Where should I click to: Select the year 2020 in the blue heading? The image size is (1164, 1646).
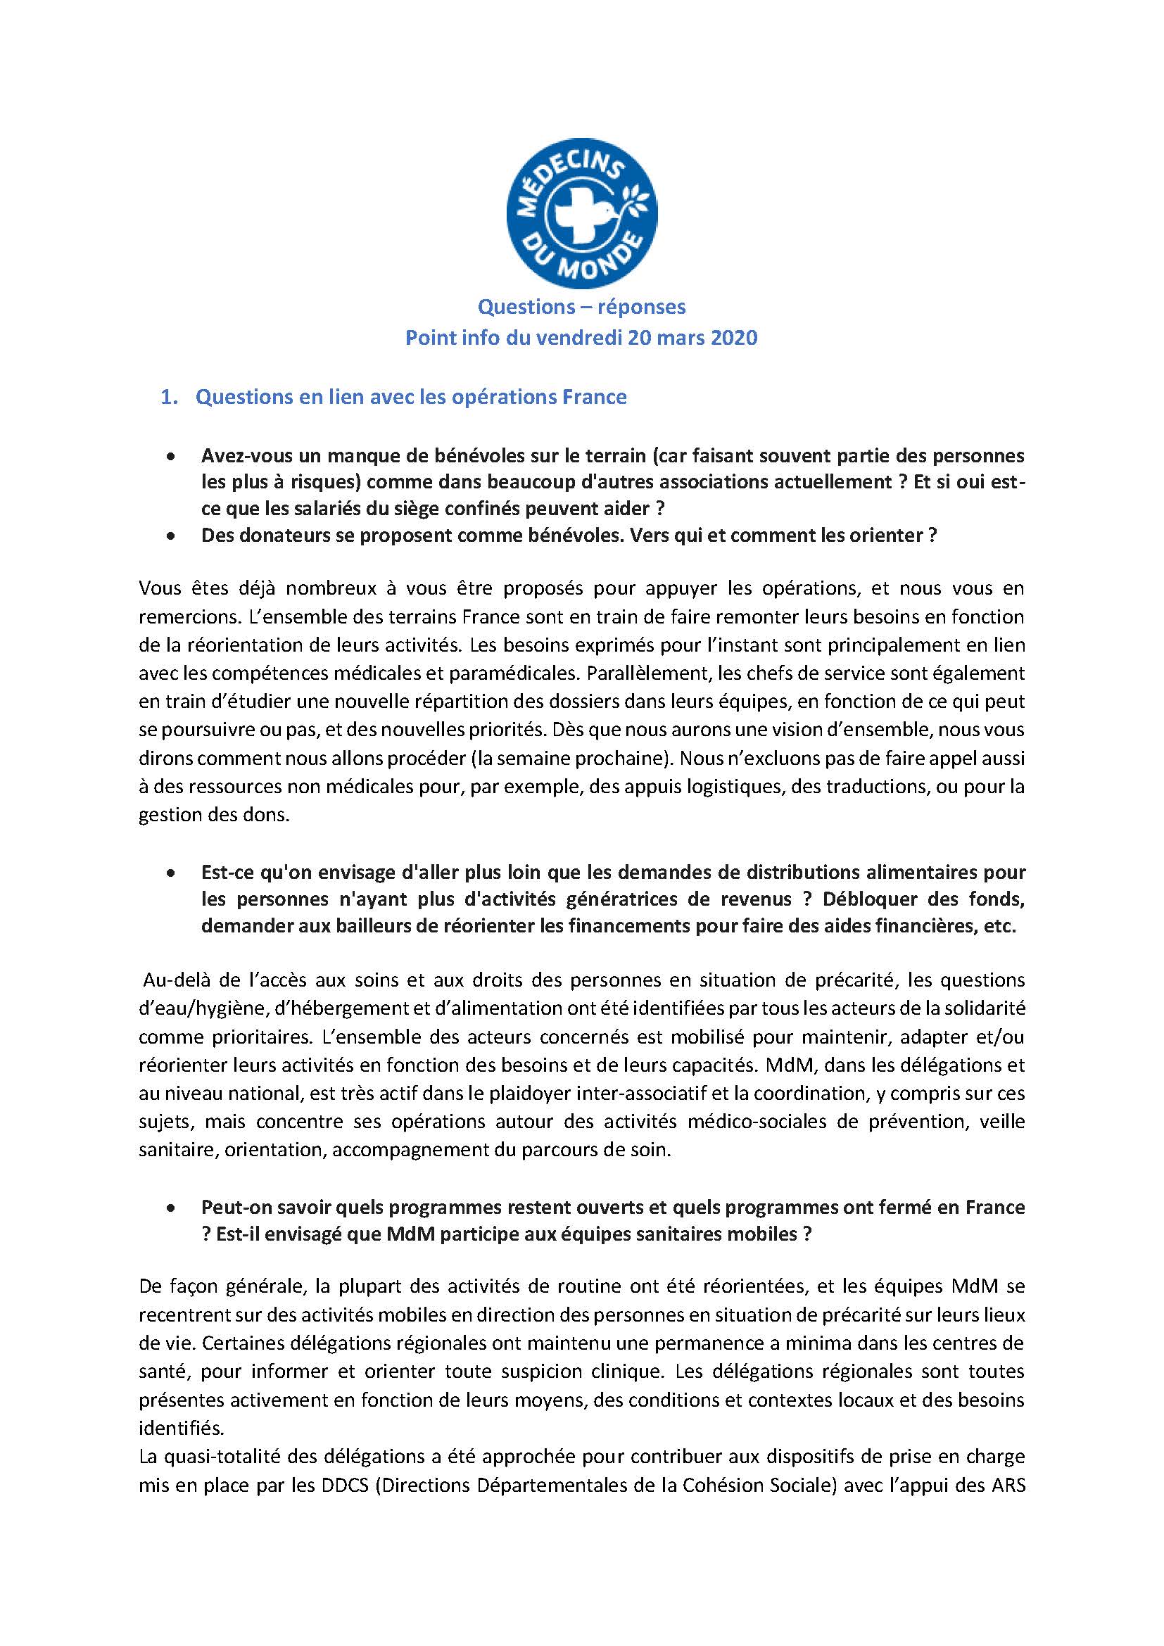[729, 337]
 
